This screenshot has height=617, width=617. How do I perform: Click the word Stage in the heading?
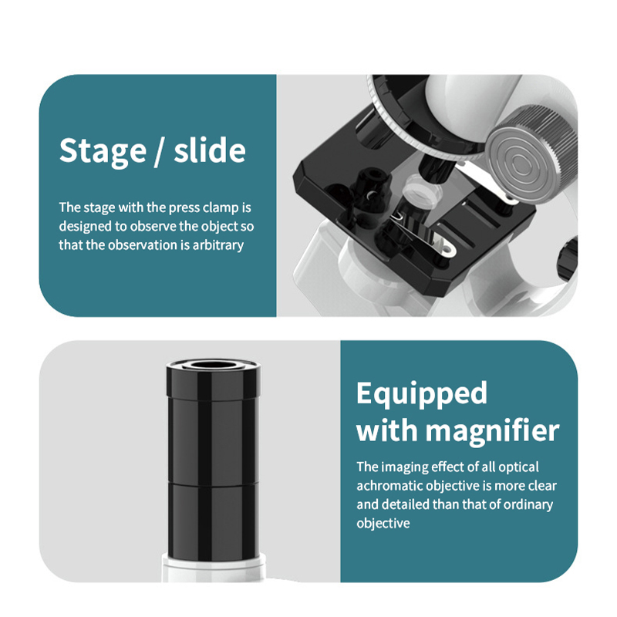(103, 151)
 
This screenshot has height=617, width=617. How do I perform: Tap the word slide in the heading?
(210, 150)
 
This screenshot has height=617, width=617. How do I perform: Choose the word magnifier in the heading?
(492, 431)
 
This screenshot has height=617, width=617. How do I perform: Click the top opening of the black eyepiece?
(213, 365)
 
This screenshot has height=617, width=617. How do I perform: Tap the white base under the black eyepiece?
(213, 568)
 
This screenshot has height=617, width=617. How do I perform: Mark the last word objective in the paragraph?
(383, 524)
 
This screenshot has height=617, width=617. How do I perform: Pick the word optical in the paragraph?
(518, 467)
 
